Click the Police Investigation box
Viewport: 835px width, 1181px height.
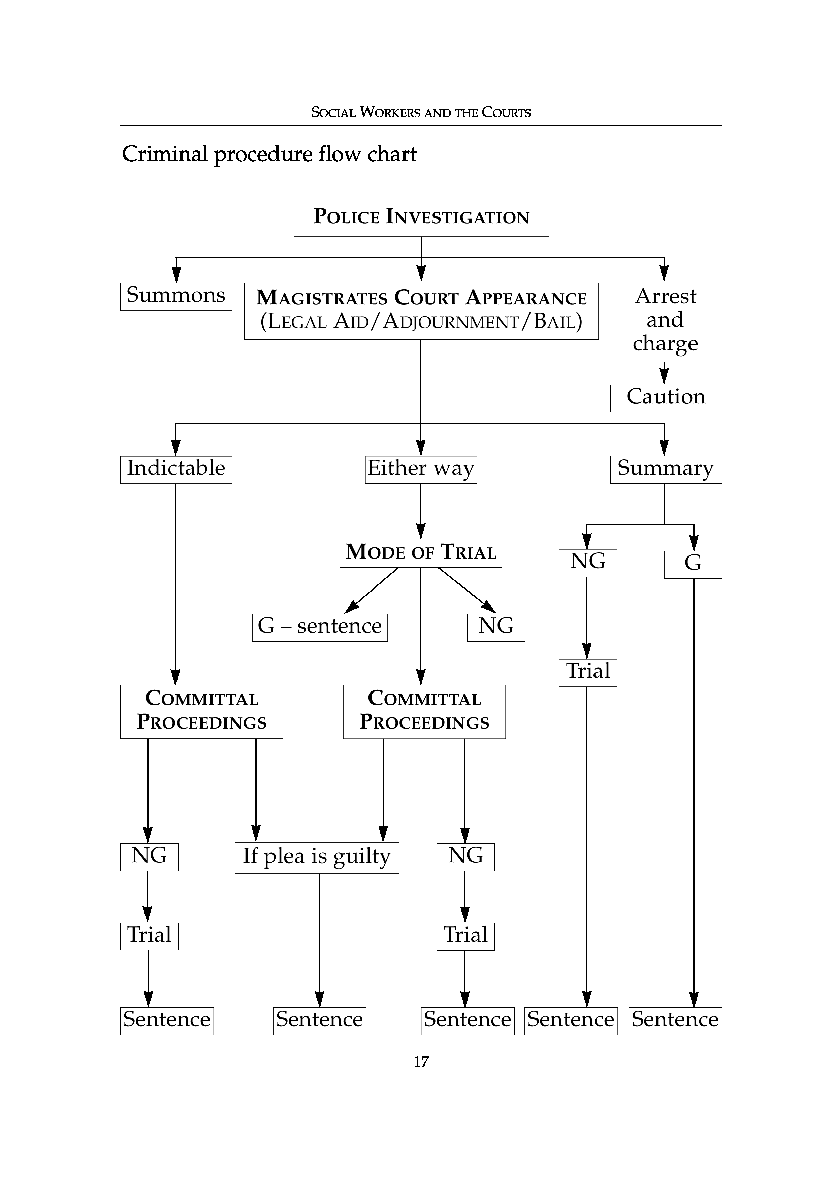pyautogui.click(x=421, y=218)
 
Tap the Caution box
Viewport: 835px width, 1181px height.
pyautogui.click(x=666, y=398)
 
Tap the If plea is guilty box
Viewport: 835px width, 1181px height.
pyautogui.click(x=317, y=857)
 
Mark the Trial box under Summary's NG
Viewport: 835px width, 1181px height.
pyautogui.click(x=587, y=672)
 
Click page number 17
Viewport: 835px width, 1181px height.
pyautogui.click(x=421, y=1062)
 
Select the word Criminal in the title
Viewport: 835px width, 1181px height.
pyautogui.click(x=165, y=154)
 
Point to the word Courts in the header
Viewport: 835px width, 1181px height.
pyautogui.click(x=506, y=113)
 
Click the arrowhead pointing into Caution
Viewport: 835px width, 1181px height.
pyautogui.click(x=664, y=377)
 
